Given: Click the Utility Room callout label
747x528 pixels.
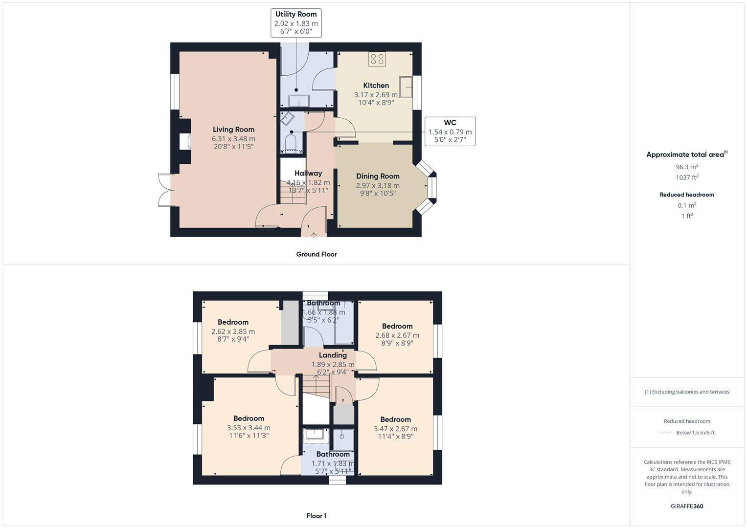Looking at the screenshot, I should coord(296,22).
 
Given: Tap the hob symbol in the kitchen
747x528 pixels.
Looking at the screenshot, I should coord(377,59).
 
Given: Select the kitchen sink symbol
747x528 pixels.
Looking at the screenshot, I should coord(406,87).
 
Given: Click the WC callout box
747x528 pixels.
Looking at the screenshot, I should coord(450,131).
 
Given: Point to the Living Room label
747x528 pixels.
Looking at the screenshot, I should coord(233,130).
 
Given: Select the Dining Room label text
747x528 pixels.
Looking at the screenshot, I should coord(378,176).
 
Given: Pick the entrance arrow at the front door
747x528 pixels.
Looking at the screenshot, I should coord(314,235).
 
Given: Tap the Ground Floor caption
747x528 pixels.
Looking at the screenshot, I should coord(317,254).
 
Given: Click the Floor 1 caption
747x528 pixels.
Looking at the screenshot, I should coord(317,516).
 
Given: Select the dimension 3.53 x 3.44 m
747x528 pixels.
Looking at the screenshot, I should coord(249,428).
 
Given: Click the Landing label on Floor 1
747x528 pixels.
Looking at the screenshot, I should coord(333,355).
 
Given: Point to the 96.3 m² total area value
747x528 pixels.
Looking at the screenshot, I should coord(687,167).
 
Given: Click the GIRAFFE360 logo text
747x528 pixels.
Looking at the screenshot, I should coord(687,506).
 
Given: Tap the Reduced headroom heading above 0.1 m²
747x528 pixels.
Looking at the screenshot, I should coord(687,195).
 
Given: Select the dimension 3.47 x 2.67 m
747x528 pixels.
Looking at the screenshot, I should coord(395,429).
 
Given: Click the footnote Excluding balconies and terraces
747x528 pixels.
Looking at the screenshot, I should coord(687,392).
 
